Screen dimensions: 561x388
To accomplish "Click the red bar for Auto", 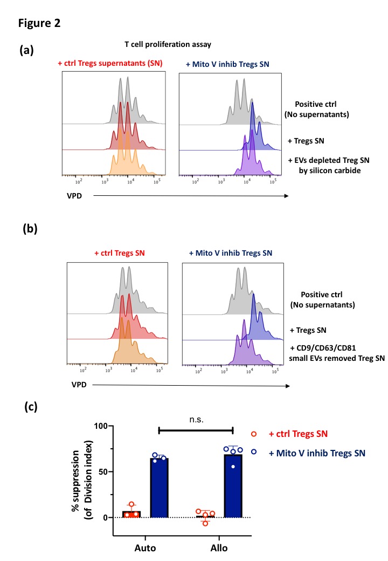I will tap(131, 514).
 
